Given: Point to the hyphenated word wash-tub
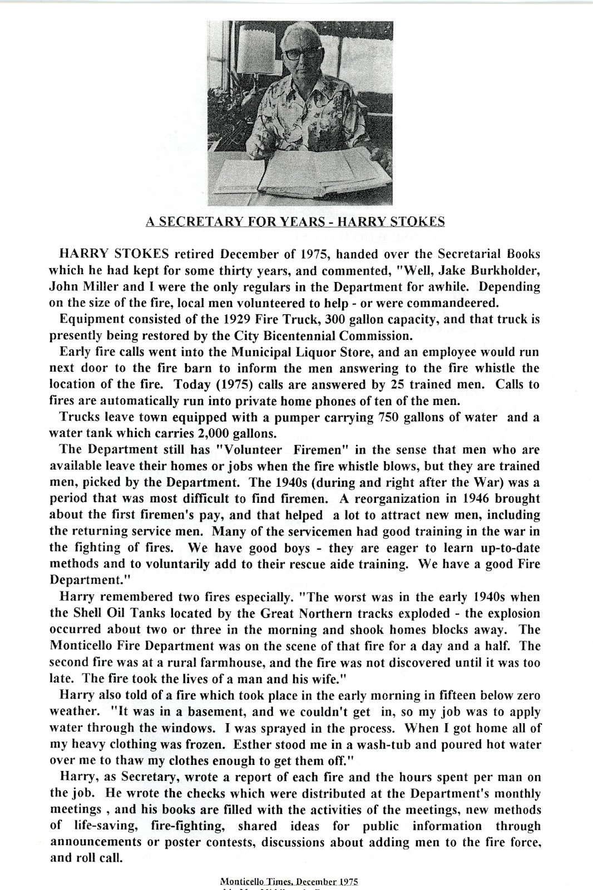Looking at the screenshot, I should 419,744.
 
